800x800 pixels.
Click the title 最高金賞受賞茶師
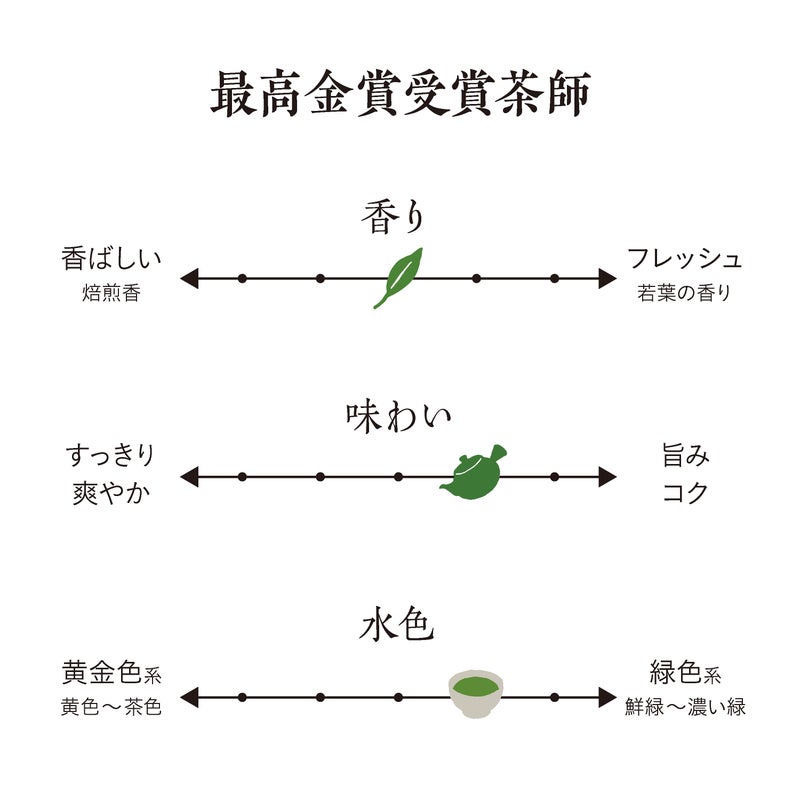tap(400, 96)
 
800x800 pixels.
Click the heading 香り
tap(395, 217)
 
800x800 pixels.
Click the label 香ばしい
tap(111, 258)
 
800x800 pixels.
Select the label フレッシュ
tap(685, 258)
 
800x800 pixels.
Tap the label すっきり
tap(111, 456)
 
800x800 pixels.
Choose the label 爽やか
tap(111, 492)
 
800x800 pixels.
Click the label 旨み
tap(686, 456)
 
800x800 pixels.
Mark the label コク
tap(686, 492)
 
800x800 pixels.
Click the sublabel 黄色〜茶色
tap(111, 707)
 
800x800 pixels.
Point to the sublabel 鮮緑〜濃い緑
tap(686, 707)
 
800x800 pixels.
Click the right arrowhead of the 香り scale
tap(606, 278)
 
